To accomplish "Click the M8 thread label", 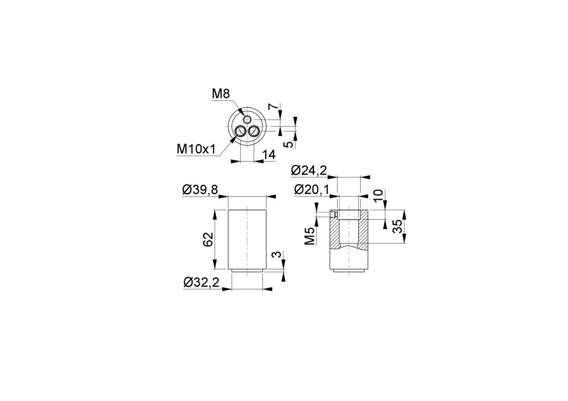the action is [x=220, y=95].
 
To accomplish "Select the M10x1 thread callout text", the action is [x=196, y=148].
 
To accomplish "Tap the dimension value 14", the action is [x=269, y=155].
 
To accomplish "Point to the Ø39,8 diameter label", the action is [x=200, y=190].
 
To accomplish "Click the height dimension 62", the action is [x=208, y=239].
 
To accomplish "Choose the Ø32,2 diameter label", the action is [x=201, y=282].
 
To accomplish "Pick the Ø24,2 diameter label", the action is [x=309, y=170].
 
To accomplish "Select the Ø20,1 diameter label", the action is [x=312, y=189].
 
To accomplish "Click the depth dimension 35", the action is [x=397, y=227].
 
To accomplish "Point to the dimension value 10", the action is [x=378, y=196].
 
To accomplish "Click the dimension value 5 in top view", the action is [x=289, y=145].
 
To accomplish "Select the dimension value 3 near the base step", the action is [x=277, y=254].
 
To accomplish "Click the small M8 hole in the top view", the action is [x=247, y=119].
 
